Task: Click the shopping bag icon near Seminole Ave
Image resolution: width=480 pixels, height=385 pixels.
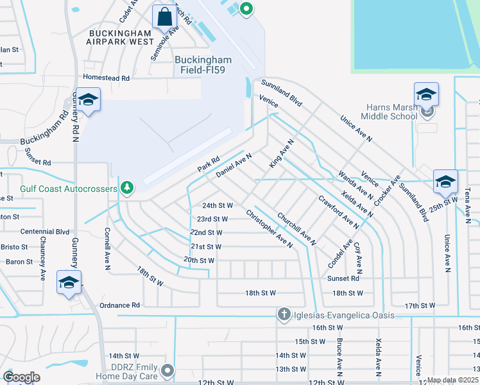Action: click(164, 17)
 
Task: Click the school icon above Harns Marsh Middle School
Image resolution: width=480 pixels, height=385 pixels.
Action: click(426, 95)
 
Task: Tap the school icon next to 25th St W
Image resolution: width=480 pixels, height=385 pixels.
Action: click(445, 182)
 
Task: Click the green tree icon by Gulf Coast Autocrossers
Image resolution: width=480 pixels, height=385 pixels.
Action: click(128, 187)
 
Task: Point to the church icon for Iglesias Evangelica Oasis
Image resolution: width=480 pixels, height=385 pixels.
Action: click(284, 314)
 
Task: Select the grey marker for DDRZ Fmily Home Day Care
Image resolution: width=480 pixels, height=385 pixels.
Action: click(167, 370)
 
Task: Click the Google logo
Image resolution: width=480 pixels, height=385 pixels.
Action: click(21, 377)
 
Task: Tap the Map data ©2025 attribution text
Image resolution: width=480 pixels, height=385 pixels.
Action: click(452, 380)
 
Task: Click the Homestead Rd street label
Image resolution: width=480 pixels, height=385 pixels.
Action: click(107, 78)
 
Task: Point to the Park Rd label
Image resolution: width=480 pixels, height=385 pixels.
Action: click(209, 164)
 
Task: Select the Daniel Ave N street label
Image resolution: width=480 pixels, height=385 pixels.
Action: click(234, 165)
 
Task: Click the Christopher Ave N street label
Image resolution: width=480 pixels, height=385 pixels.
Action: click(270, 229)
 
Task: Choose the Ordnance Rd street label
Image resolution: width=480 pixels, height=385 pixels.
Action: click(118, 305)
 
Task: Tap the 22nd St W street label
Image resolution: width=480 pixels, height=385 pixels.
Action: click(206, 232)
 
